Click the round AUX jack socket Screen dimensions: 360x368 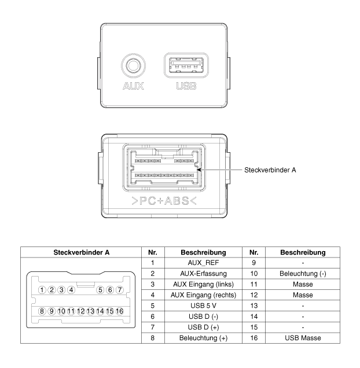click(133, 65)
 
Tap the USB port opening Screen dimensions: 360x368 click(186, 65)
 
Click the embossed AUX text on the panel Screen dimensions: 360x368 click(133, 86)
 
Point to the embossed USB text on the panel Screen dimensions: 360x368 click(186, 86)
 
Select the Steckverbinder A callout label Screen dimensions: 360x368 click(270, 170)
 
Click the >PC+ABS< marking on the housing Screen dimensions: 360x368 click(164, 201)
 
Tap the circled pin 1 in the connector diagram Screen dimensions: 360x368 click(42, 290)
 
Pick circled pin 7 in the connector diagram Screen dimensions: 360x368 click(120, 290)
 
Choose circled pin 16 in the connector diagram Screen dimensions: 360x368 click(120, 311)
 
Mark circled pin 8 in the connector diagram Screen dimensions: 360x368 click(42, 311)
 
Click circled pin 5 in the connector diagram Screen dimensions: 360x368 click(100, 290)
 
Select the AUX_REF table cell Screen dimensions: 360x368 click(203, 263)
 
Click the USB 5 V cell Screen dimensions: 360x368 click(203, 306)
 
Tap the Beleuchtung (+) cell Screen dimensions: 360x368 click(203, 338)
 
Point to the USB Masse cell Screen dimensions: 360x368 click(303, 338)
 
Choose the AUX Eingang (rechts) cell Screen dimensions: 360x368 click(203, 295)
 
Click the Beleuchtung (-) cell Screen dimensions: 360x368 click(303, 274)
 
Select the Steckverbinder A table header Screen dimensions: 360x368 click(81, 252)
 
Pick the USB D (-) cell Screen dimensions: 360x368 click(203, 317)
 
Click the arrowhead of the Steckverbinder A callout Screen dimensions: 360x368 click(198, 170)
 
